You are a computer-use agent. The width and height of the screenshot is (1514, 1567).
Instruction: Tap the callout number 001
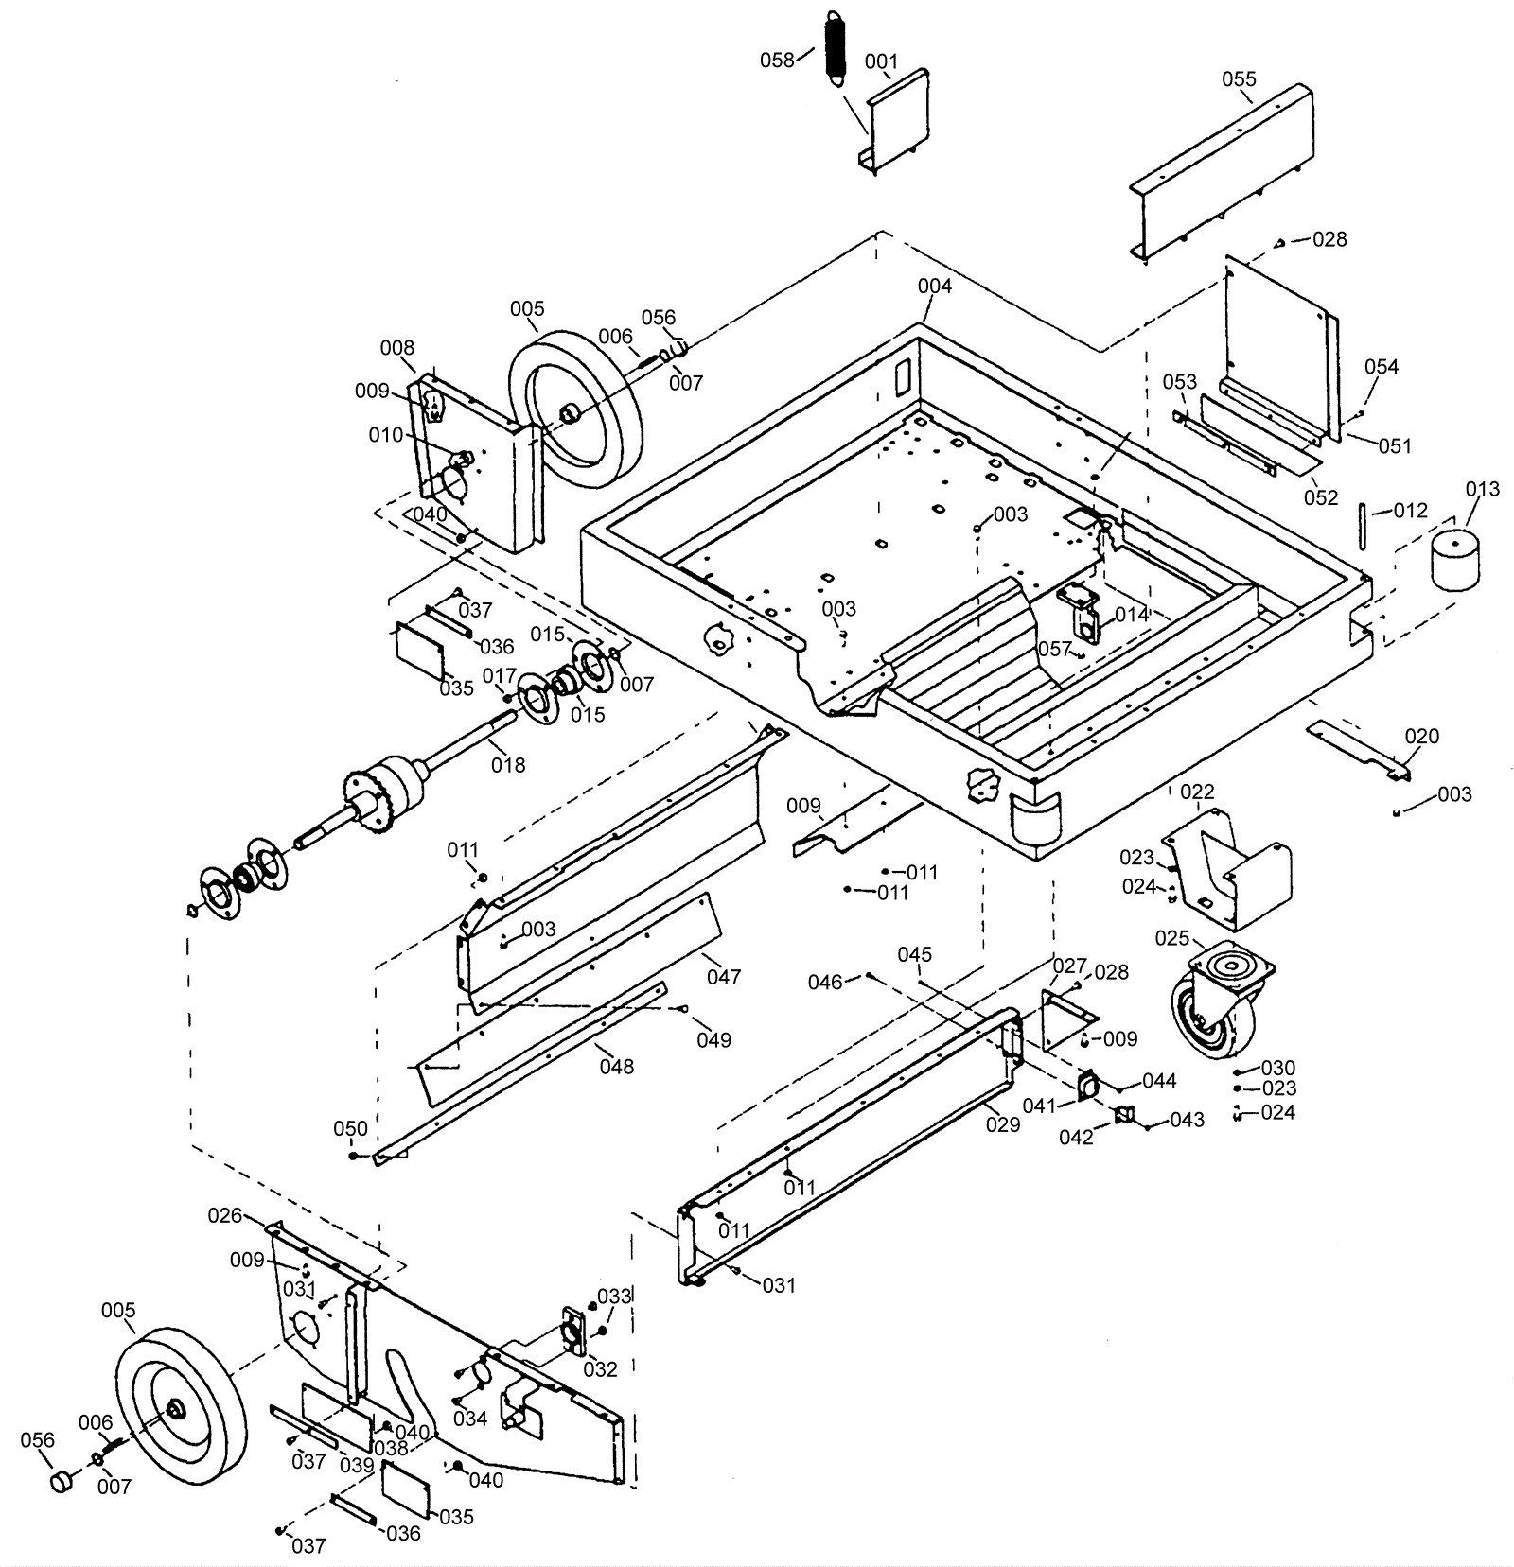(x=881, y=62)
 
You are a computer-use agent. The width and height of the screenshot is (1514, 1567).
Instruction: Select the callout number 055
(x=1239, y=79)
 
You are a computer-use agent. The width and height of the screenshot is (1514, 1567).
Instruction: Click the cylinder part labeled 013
(x=1453, y=560)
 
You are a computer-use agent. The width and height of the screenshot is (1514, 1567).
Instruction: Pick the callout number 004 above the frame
(x=935, y=286)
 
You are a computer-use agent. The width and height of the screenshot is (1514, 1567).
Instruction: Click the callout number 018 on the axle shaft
(x=508, y=764)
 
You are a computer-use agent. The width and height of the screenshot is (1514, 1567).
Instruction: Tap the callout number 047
(x=724, y=976)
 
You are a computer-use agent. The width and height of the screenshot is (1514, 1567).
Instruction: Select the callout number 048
(x=617, y=1067)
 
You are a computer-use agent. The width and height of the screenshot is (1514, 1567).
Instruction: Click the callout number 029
(x=1003, y=1124)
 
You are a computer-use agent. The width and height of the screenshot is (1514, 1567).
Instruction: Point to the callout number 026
(x=225, y=1215)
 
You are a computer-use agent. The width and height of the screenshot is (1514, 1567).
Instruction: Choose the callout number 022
(x=1197, y=792)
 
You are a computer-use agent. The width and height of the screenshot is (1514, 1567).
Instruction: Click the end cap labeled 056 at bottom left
(x=62, y=1480)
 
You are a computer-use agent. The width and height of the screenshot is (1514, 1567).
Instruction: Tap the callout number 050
(x=350, y=1129)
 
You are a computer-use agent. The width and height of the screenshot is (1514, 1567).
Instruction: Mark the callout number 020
(x=1421, y=737)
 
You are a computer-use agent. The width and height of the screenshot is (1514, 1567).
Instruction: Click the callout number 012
(x=1410, y=511)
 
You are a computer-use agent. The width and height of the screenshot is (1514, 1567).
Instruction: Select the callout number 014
(x=1132, y=615)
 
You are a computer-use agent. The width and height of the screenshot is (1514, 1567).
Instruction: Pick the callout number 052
(x=1322, y=497)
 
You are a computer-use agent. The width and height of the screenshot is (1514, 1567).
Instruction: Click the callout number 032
(x=600, y=1368)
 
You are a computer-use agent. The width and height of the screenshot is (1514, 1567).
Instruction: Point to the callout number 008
(x=397, y=348)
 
